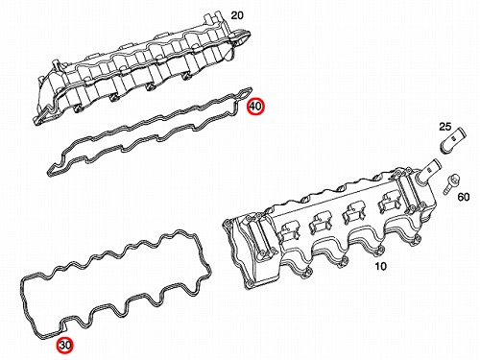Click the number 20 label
pos(237,15)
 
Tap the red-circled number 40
pos(255,106)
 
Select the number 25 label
pos(445,127)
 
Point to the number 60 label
pos(464,197)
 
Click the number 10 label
pos(380,266)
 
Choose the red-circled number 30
pos(65,345)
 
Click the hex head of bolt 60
pos(454,180)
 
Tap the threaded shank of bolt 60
pos(447,189)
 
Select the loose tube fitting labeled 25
pos(452,140)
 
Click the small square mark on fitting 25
pos(454,138)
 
